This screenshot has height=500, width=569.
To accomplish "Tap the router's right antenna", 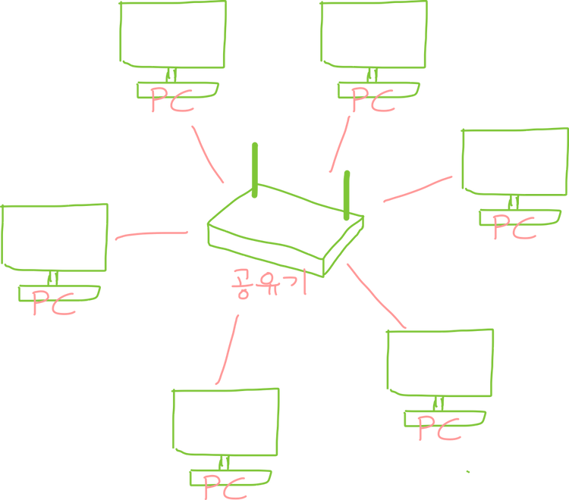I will [347, 195].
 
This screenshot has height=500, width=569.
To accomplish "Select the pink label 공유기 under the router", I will [268, 287].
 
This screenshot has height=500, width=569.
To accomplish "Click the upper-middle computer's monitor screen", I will [373, 34].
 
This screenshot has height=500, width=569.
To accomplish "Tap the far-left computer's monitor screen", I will [55, 235].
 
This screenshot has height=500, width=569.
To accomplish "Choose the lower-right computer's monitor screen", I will [440, 362].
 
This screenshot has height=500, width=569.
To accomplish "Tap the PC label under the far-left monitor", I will [53, 302].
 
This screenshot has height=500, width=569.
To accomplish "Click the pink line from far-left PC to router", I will [150, 236].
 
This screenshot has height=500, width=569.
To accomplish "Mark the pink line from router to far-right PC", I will [417, 189].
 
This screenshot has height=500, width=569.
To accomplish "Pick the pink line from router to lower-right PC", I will [377, 295].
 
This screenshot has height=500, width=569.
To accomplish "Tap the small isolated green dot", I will [468, 471].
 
